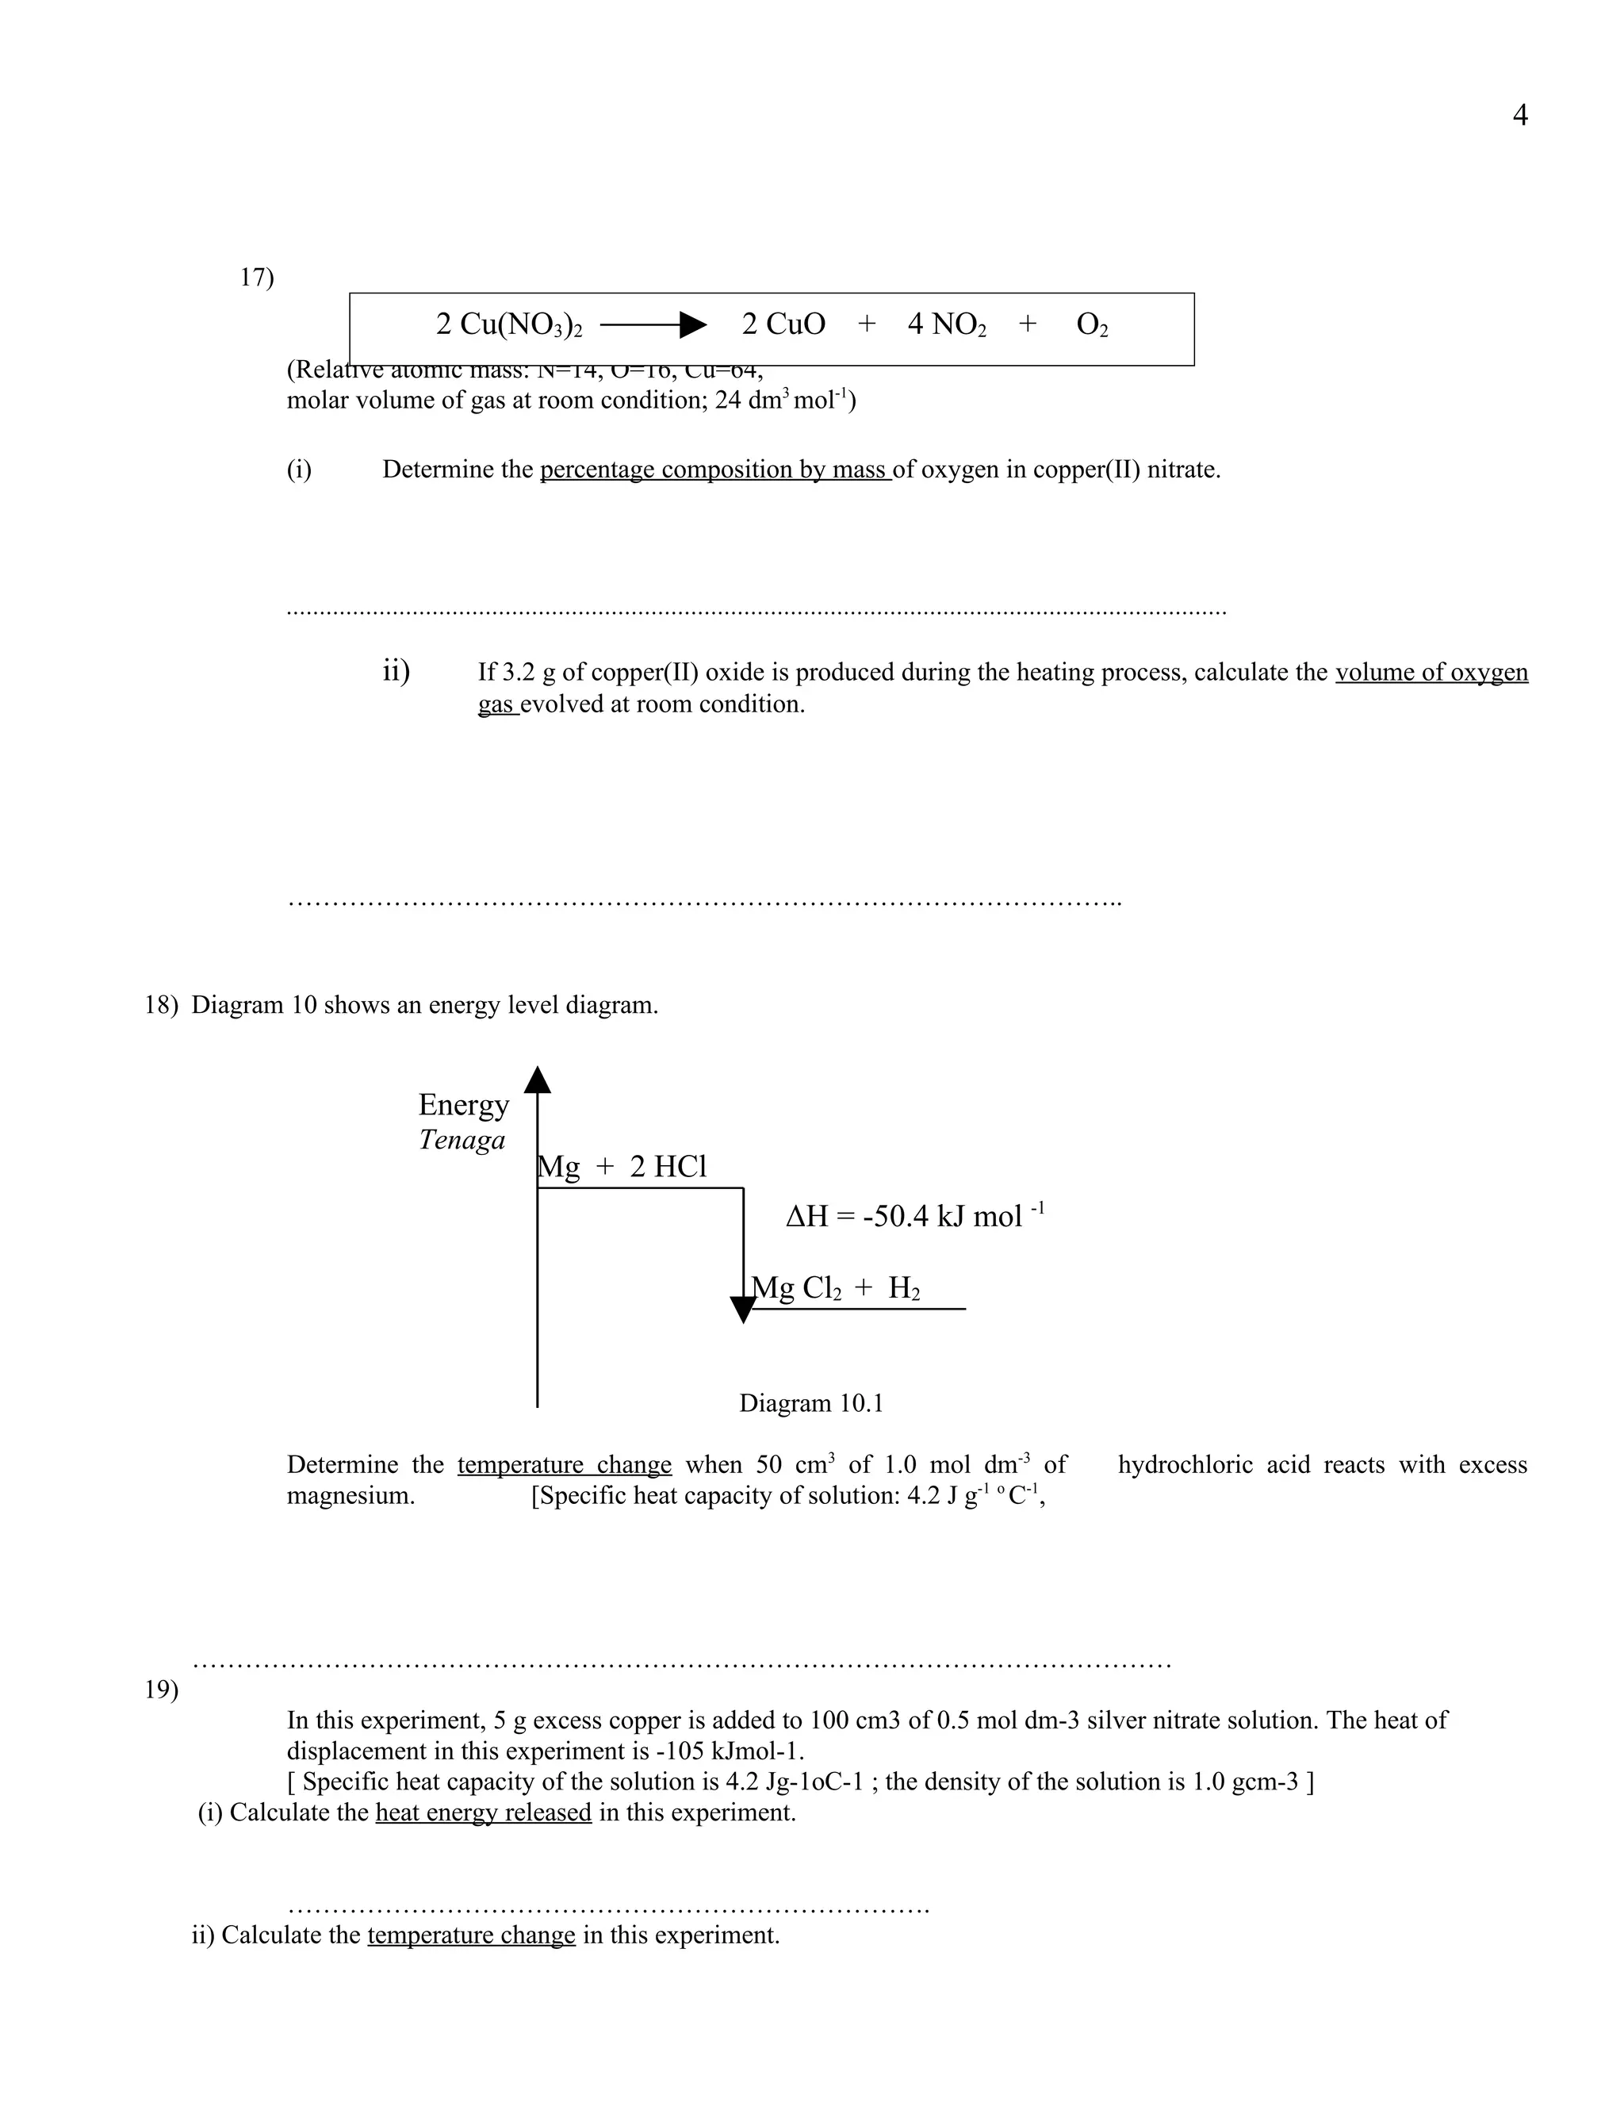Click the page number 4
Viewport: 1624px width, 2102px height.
pyautogui.click(x=1520, y=116)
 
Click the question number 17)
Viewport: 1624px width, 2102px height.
pyautogui.click(x=256, y=278)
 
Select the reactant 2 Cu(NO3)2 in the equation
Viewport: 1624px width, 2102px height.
pyautogui.click(x=509, y=324)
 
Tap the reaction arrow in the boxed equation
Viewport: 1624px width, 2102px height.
pyautogui.click(x=653, y=325)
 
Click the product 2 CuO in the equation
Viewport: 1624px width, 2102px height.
pyautogui.click(x=783, y=324)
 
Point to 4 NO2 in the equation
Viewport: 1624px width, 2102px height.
pyautogui.click(x=947, y=324)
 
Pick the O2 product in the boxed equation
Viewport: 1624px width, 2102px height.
pyautogui.click(x=1092, y=325)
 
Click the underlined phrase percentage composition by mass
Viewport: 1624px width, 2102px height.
pyautogui.click(x=714, y=470)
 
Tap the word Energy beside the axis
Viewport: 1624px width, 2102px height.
pyautogui.click(x=463, y=1105)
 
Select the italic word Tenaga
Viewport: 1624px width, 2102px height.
pyautogui.click(x=462, y=1141)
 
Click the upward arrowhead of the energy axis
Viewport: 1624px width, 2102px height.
pyautogui.click(x=537, y=1080)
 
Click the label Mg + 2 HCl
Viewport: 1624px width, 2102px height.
pyautogui.click(x=622, y=1168)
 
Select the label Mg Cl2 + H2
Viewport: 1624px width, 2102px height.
pyautogui.click(x=835, y=1287)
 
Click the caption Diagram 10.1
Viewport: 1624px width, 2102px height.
pyautogui.click(x=810, y=1403)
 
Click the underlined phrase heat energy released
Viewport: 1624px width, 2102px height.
pyautogui.click(x=483, y=1812)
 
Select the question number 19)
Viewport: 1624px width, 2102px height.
pyautogui.click(x=162, y=1690)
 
